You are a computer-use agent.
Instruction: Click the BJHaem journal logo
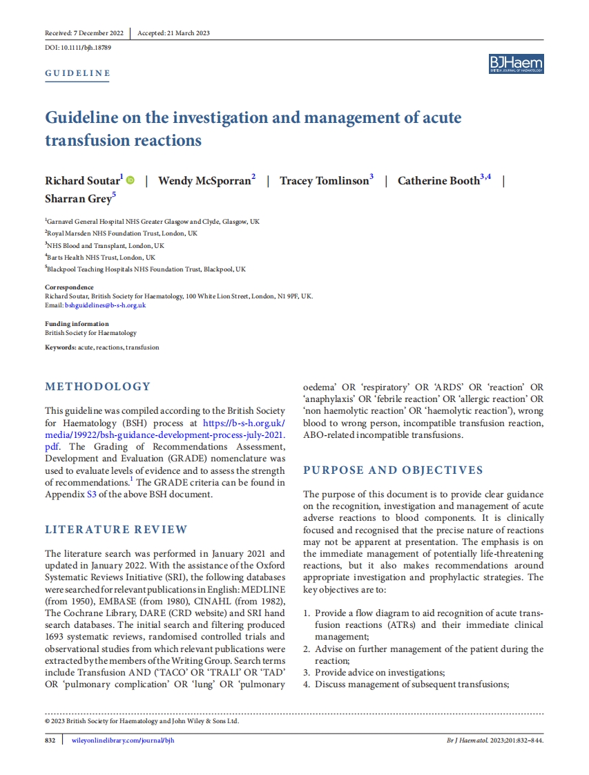[x=516, y=64]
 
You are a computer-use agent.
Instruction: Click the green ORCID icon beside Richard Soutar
[x=131, y=181]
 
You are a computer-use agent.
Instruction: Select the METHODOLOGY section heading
[x=97, y=386]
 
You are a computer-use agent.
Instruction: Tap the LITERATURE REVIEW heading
[x=116, y=530]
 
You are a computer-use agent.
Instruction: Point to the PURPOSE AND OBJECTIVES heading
[x=393, y=470]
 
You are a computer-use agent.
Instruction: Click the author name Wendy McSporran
[x=204, y=181]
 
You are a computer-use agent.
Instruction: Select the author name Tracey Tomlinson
[x=324, y=181]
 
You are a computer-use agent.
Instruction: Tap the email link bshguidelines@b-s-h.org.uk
[x=105, y=305]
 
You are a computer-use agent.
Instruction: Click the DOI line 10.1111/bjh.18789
[x=78, y=48]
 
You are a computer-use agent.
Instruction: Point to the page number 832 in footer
[x=50, y=740]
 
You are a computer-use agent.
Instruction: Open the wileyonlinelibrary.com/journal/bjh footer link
[x=123, y=740]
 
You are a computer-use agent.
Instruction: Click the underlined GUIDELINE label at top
[x=77, y=73]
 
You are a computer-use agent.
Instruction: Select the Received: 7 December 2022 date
[x=84, y=33]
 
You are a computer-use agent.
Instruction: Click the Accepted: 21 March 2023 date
[x=173, y=33]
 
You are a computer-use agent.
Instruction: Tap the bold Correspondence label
[x=69, y=287]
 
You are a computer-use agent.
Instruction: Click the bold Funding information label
[x=77, y=324]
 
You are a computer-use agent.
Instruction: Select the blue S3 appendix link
[x=92, y=494]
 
